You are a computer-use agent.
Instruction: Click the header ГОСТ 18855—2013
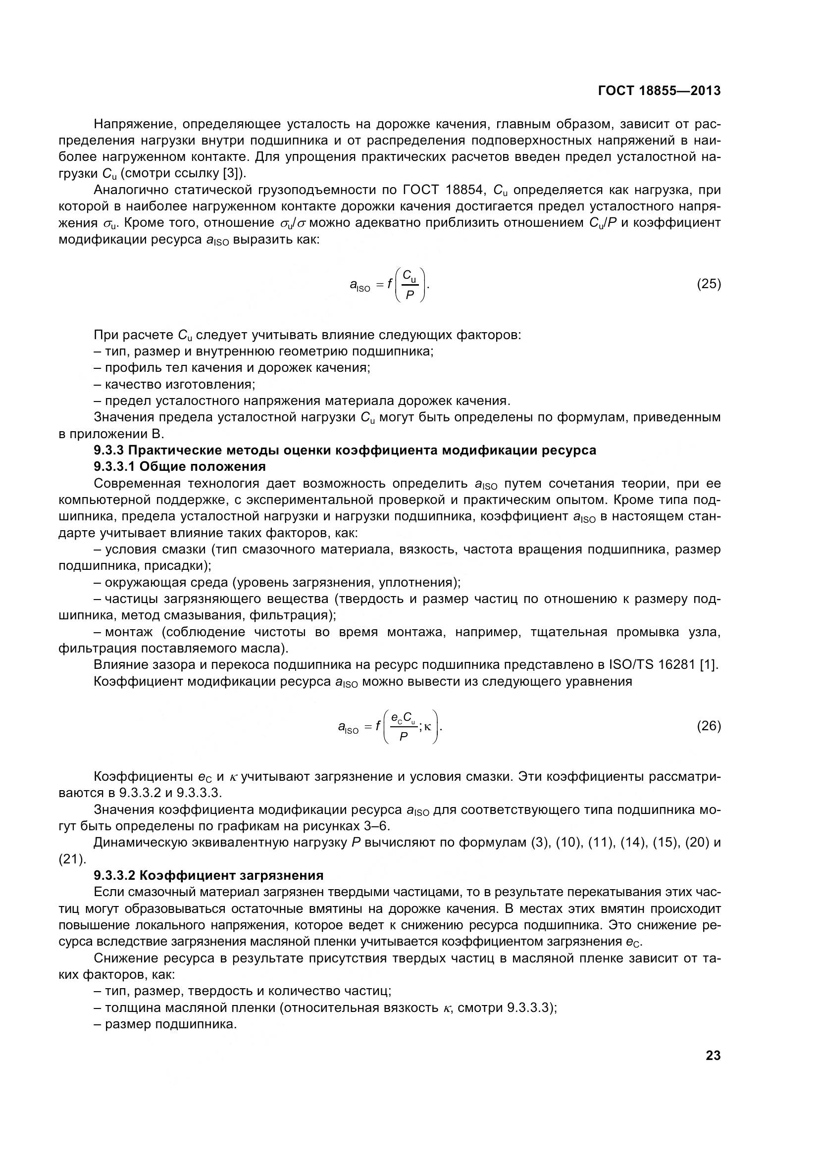(x=659, y=91)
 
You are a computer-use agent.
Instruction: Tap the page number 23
(x=713, y=1056)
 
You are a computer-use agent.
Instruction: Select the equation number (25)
(x=709, y=284)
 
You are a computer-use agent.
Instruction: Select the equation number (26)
(x=709, y=726)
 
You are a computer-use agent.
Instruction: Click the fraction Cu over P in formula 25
(x=409, y=285)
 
